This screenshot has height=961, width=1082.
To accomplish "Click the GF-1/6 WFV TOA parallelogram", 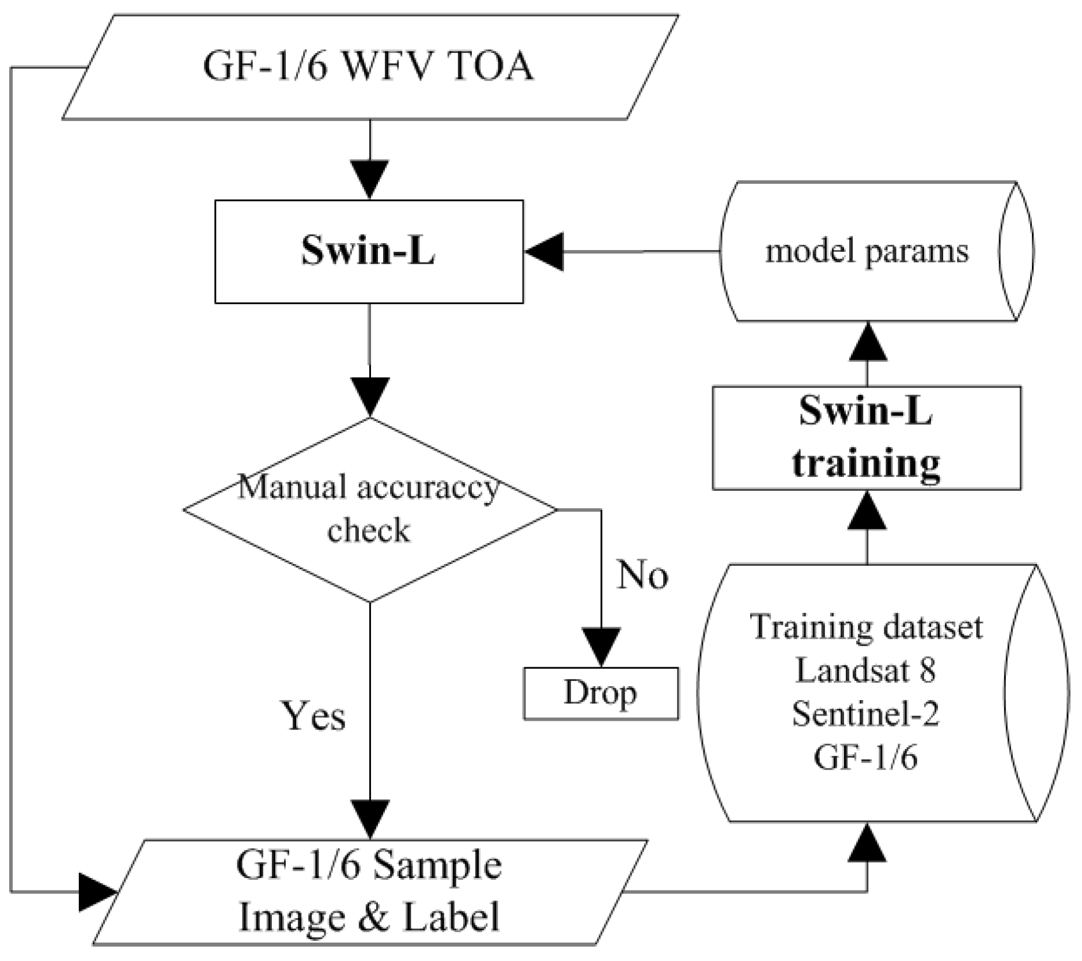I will (369, 67).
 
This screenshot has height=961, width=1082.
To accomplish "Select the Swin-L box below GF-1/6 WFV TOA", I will (369, 251).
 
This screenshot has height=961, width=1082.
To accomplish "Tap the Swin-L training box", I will (866, 438).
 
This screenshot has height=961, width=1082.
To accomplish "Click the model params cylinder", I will (866, 251).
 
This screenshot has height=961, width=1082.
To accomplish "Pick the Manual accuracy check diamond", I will (369, 509).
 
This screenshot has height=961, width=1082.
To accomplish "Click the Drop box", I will (600, 693).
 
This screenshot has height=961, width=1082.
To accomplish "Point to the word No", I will (642, 575).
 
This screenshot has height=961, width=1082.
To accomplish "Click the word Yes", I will (313, 716).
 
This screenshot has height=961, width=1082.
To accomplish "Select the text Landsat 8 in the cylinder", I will (866, 670).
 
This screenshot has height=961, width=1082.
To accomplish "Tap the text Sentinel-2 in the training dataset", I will (866, 714).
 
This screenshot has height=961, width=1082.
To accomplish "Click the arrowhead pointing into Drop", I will (601, 646).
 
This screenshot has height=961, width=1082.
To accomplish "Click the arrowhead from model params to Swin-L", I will (544, 251).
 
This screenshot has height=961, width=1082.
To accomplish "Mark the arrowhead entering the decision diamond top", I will (369, 396).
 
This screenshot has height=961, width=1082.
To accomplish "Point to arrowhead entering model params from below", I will (868, 342).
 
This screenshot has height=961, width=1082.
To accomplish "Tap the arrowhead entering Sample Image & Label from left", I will (97, 892).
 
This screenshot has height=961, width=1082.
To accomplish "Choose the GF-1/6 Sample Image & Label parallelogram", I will (369, 892).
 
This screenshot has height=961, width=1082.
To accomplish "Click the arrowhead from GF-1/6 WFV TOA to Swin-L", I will (369, 179).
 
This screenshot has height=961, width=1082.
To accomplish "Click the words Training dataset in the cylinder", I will (866, 627).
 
